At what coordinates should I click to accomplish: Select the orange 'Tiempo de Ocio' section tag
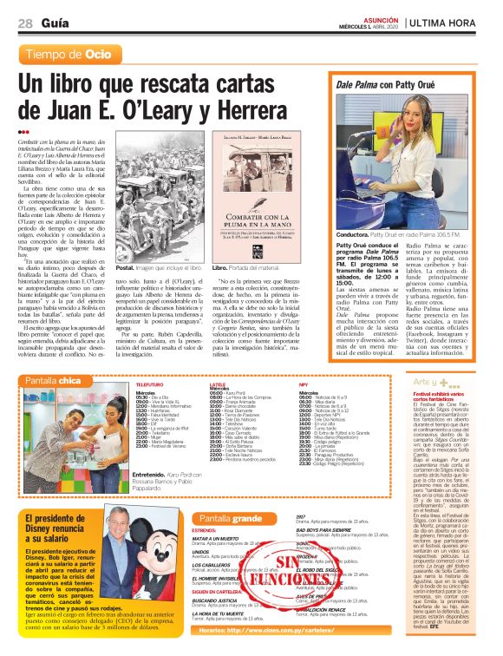(69, 55)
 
